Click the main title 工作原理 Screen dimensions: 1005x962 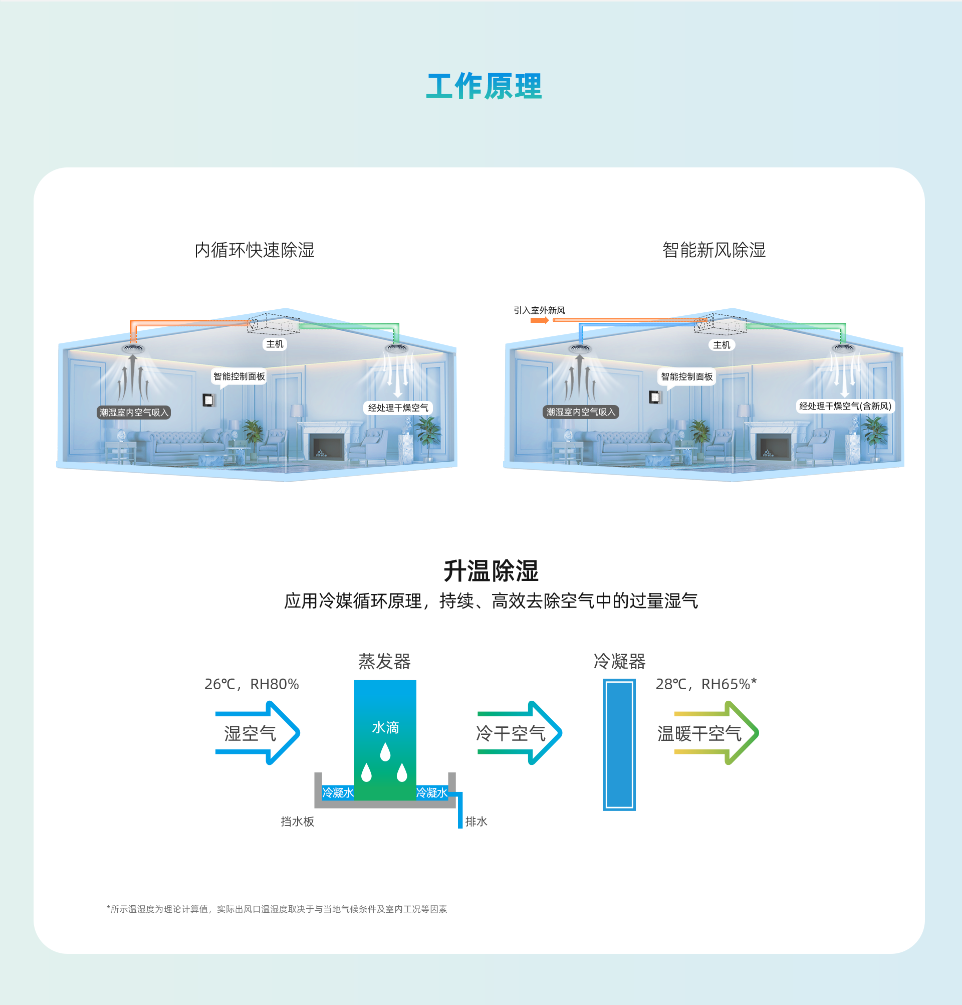(x=484, y=86)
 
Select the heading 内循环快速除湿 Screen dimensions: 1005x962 (x=254, y=250)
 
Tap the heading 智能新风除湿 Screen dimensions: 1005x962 (x=713, y=250)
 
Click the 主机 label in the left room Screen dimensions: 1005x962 (x=275, y=344)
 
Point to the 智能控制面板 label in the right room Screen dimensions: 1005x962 (x=686, y=377)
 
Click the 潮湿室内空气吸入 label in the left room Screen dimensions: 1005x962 (x=134, y=412)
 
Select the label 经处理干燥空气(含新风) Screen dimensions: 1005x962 (x=845, y=406)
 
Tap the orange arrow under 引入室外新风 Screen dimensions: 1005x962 (x=539, y=320)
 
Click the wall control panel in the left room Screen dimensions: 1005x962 (x=208, y=399)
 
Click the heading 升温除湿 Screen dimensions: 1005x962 (x=491, y=571)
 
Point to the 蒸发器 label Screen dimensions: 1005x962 (x=384, y=662)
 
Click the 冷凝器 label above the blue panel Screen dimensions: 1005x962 (x=619, y=662)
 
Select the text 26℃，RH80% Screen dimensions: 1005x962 (x=251, y=684)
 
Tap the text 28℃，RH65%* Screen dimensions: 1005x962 (x=706, y=684)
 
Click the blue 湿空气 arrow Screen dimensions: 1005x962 (x=256, y=733)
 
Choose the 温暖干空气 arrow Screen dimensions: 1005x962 (x=715, y=733)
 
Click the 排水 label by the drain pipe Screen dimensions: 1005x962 (x=476, y=822)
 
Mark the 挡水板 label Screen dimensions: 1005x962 (x=297, y=822)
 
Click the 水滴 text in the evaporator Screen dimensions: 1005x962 (x=385, y=727)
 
